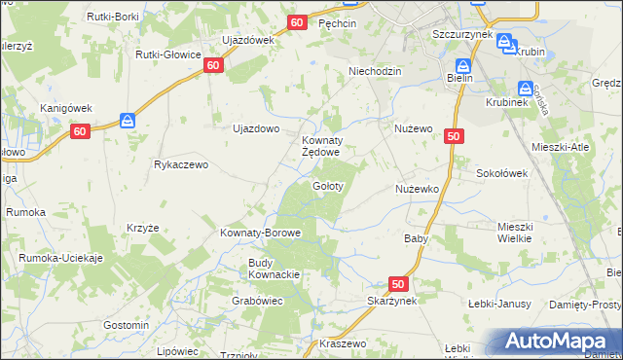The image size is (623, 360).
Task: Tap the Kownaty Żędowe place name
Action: (x=319, y=146)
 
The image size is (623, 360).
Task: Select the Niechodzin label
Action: (x=376, y=71)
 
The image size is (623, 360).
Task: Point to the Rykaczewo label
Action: (x=181, y=164)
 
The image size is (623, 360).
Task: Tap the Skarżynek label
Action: (x=393, y=302)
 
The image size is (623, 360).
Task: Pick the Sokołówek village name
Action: (x=501, y=173)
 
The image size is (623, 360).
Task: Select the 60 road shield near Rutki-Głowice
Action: (x=214, y=65)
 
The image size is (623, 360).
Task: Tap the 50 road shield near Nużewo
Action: (x=453, y=138)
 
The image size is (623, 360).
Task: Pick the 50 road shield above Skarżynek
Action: (x=397, y=283)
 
